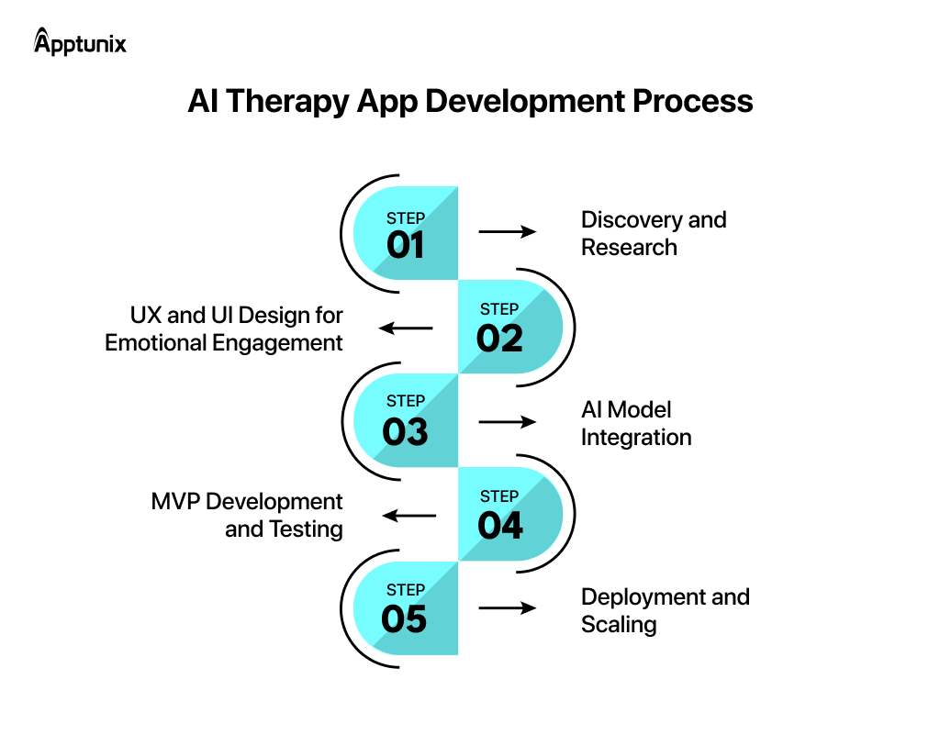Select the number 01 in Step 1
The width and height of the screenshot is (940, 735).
(x=405, y=246)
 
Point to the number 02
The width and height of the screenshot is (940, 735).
(x=499, y=339)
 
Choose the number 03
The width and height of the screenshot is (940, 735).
(x=405, y=431)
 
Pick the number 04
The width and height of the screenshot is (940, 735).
(x=499, y=526)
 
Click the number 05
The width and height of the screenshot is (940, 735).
(x=405, y=619)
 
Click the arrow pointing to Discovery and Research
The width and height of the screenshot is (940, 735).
(x=507, y=232)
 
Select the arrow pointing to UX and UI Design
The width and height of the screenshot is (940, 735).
(x=407, y=328)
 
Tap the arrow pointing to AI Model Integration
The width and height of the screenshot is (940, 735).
(x=507, y=422)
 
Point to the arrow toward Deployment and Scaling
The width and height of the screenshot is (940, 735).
(x=507, y=607)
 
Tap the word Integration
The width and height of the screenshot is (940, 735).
(x=635, y=438)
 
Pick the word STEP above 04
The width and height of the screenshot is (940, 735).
(x=499, y=496)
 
